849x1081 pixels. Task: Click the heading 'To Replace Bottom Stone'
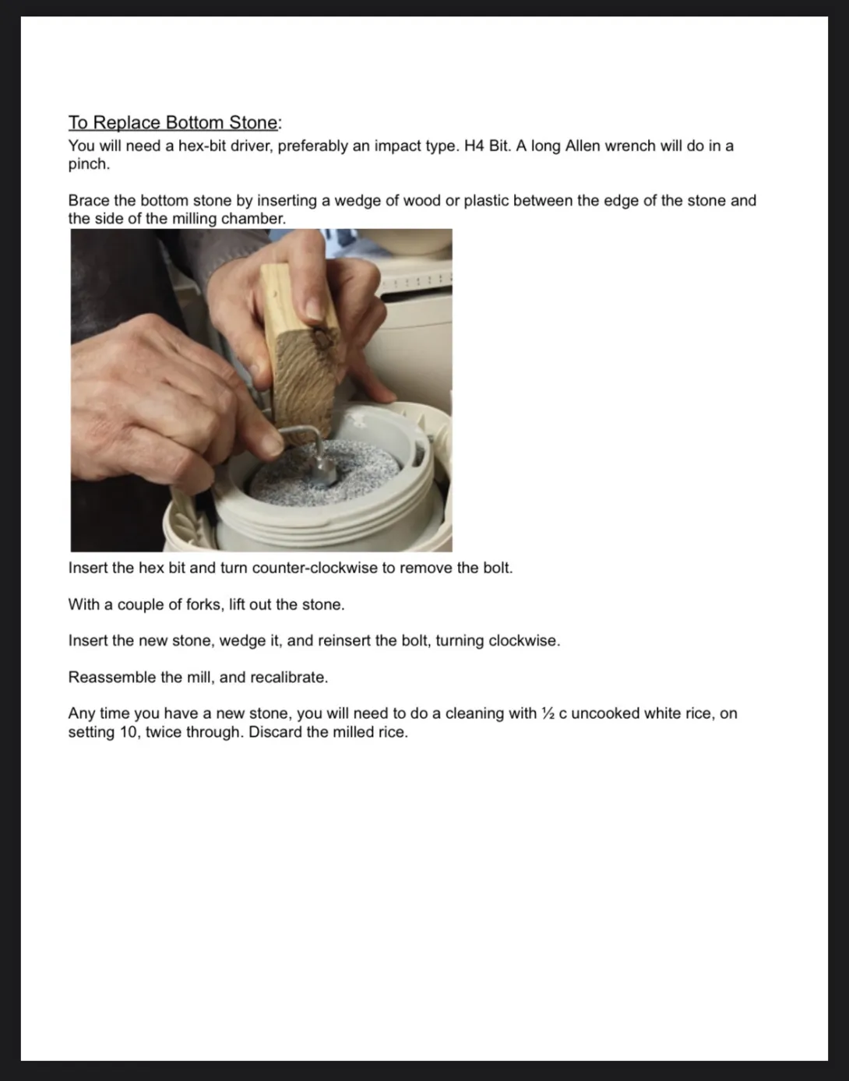click(x=173, y=122)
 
